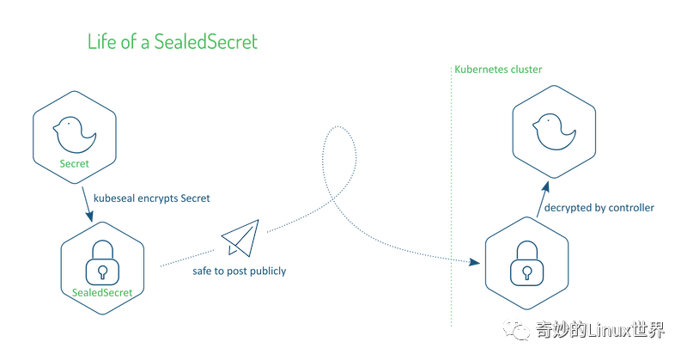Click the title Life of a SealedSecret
[x=173, y=42]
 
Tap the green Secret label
[x=74, y=163]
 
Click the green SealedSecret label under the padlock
[x=102, y=292]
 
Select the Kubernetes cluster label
[x=498, y=70]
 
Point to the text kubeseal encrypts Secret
[x=152, y=198]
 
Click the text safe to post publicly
[x=240, y=271]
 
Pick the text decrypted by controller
[x=599, y=208]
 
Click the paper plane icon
[x=240, y=238]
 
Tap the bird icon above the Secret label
[x=75, y=135]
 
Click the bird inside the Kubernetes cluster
[x=554, y=131]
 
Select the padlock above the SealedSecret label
[x=102, y=262]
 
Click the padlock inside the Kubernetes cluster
[x=527, y=263]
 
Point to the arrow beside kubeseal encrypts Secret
[x=88, y=204]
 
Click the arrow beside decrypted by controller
[x=543, y=199]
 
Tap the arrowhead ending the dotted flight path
[x=475, y=262]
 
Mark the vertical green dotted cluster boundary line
[x=452, y=197]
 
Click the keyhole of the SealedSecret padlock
[x=102, y=272]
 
